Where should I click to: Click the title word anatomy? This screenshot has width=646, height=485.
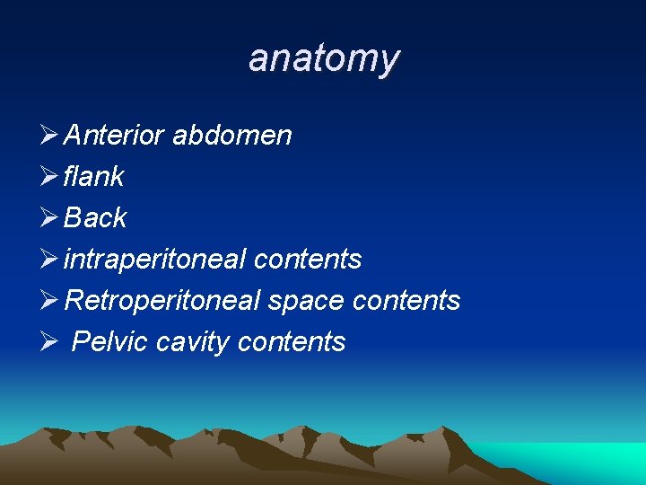coord(324,58)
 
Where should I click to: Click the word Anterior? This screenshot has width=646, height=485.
coord(114,136)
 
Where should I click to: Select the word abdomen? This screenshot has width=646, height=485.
coord(231,136)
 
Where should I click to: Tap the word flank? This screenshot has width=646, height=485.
coord(93,177)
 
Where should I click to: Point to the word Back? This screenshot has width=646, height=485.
coord(95,218)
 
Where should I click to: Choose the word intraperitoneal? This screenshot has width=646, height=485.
coord(154,260)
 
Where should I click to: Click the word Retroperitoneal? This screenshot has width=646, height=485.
coord(162,301)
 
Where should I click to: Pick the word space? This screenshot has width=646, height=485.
coord(307,301)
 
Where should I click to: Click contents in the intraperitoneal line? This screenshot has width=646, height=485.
coord(308,260)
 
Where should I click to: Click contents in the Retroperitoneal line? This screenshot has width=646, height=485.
coord(406,301)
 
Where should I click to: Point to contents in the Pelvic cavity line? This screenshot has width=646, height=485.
coord(292,342)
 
